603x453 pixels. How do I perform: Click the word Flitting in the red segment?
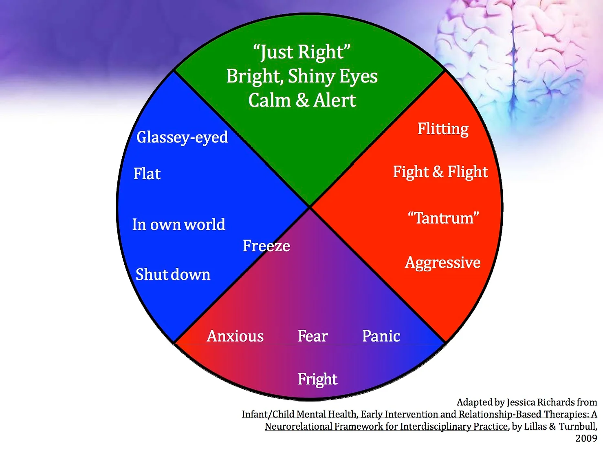coord(443,129)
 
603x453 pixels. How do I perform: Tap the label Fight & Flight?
coord(440,172)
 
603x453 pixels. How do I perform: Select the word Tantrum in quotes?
coord(443,218)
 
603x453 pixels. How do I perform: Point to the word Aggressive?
coord(443,262)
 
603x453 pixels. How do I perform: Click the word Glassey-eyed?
coord(182,138)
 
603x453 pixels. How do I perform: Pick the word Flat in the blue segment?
coord(147,174)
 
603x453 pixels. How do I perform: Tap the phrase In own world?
coord(178,224)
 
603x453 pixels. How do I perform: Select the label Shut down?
coord(173,274)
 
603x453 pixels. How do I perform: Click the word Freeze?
coord(266,246)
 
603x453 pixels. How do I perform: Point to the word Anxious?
coord(235,336)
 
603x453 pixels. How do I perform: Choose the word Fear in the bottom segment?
coord(313,336)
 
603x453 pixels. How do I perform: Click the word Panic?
coord(381,336)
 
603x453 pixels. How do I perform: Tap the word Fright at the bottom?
coord(317,379)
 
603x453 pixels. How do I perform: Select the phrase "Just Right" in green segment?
coord(301,52)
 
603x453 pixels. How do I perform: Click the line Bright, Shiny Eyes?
coord(302,76)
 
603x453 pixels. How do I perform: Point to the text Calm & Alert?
coord(302,100)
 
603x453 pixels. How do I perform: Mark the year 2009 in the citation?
coord(586,438)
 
